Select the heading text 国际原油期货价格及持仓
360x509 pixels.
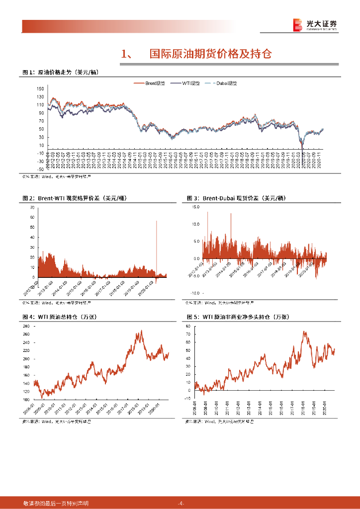click(x=211, y=54)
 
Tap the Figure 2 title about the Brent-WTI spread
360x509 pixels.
click(x=75, y=198)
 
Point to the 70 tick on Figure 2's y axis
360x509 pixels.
click(x=32, y=207)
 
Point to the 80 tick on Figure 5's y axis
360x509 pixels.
click(x=188, y=326)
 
